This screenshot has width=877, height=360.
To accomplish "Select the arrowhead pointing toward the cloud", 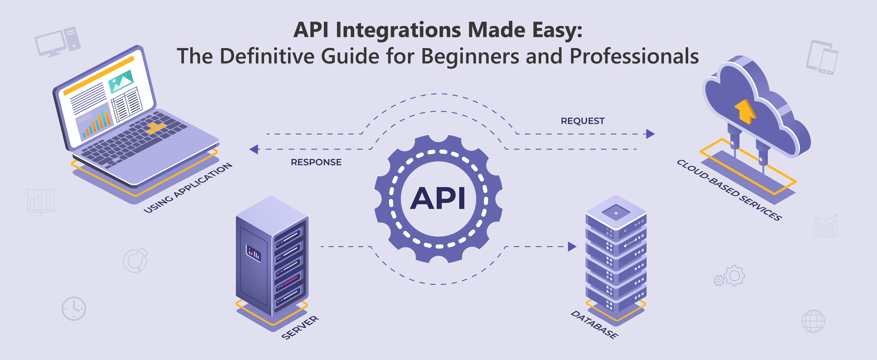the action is click(x=650, y=134).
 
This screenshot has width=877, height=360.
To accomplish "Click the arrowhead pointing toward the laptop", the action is click(x=254, y=149).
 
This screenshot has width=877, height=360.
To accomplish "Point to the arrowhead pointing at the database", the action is click(x=572, y=246).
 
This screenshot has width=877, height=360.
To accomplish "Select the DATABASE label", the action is click(x=594, y=324).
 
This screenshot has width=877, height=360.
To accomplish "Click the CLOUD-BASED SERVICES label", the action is click(x=729, y=190).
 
